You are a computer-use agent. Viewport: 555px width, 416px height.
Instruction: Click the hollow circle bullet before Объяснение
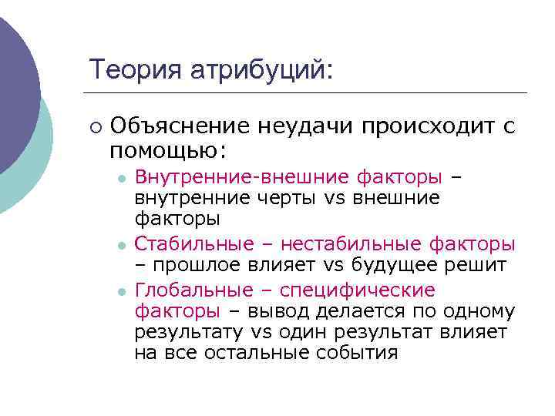click(94, 126)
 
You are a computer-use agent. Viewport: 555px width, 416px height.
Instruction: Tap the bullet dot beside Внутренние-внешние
click(121, 178)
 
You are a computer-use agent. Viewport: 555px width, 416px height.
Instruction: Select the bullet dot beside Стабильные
click(121, 245)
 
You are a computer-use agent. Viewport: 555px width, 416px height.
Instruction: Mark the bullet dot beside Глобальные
click(121, 291)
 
